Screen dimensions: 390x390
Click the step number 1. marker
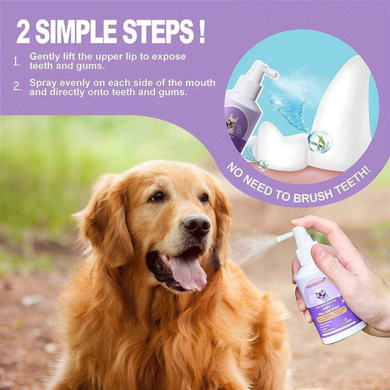17,61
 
